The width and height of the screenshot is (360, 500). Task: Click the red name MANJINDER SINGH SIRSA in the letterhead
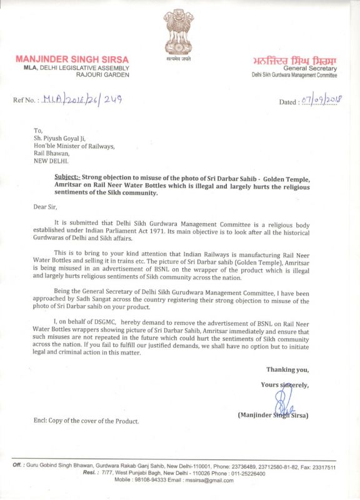[72, 59]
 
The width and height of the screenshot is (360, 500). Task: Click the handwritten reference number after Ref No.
[81, 99]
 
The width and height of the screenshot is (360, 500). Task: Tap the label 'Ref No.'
[26, 100]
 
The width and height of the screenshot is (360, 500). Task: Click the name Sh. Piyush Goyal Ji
[64, 138]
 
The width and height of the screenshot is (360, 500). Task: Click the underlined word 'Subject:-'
[67, 179]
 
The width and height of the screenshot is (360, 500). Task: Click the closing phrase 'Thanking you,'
[287, 369]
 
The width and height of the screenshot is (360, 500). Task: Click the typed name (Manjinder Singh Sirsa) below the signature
[273, 415]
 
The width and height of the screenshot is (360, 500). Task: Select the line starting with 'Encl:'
[86, 421]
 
